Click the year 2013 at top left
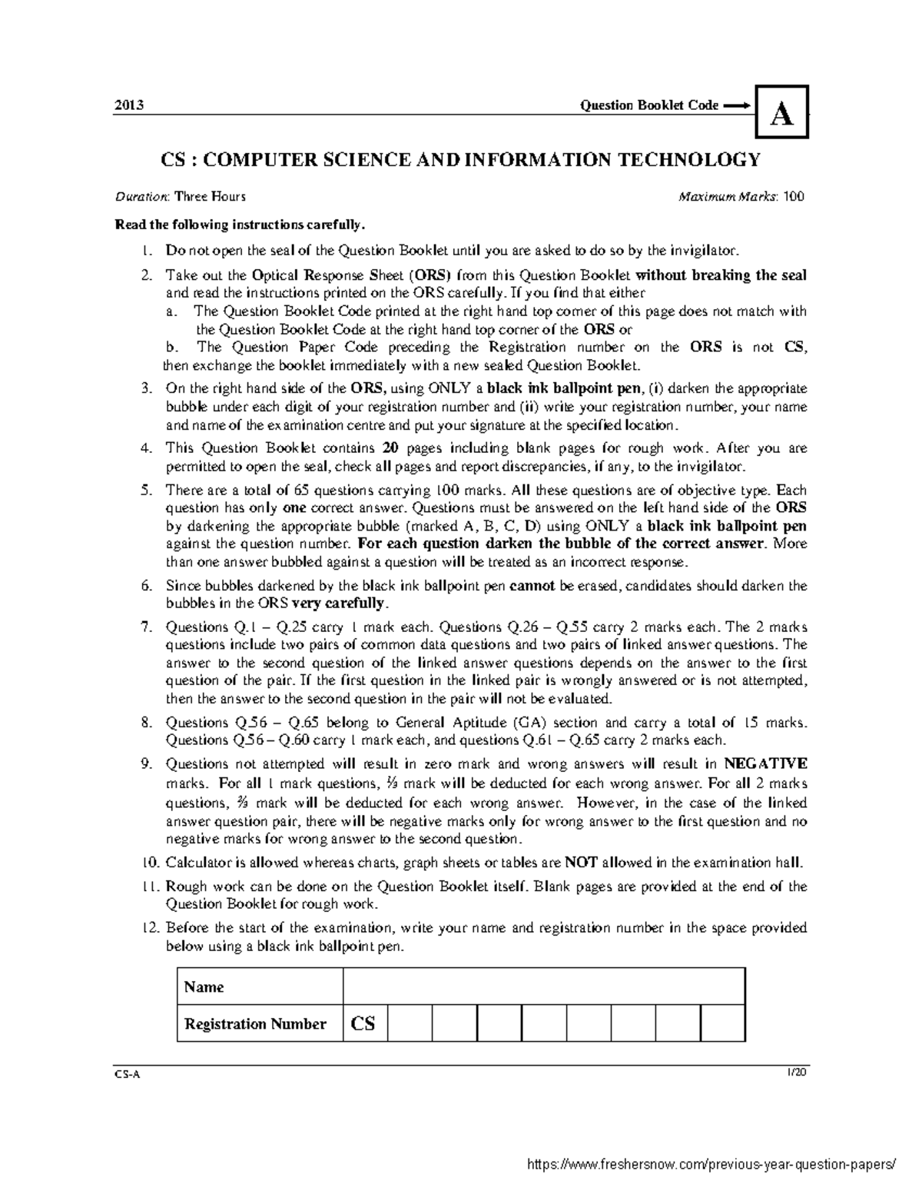point(126,105)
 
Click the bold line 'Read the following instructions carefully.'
point(237,225)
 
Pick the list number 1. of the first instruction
point(148,251)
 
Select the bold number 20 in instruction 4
point(390,448)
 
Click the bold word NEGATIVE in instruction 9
point(766,764)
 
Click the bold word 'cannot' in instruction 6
point(532,586)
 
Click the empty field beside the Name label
point(544,986)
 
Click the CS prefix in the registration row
point(364,1023)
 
